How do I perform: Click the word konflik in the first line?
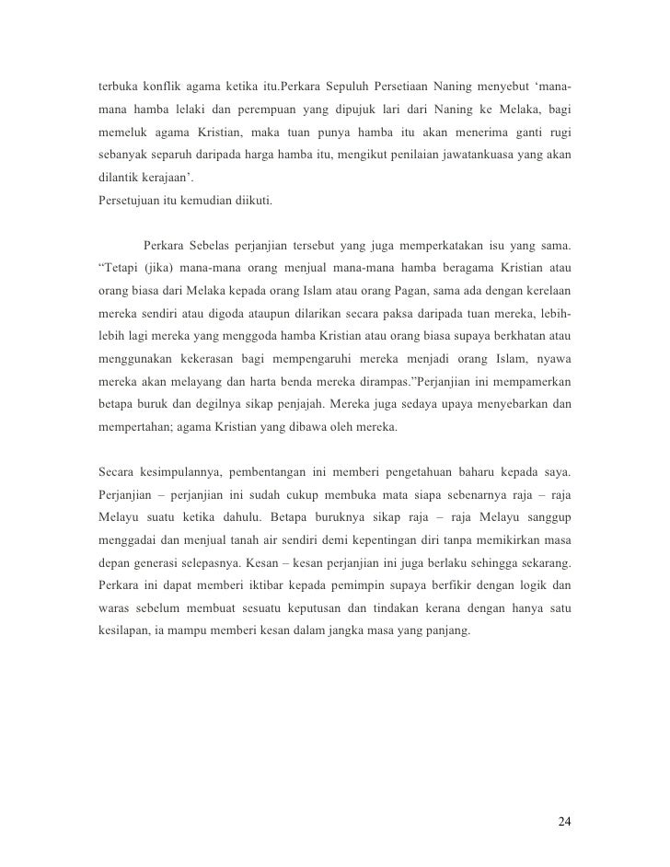pyautogui.click(x=167, y=87)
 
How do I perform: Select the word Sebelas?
pyautogui.click(x=214, y=247)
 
